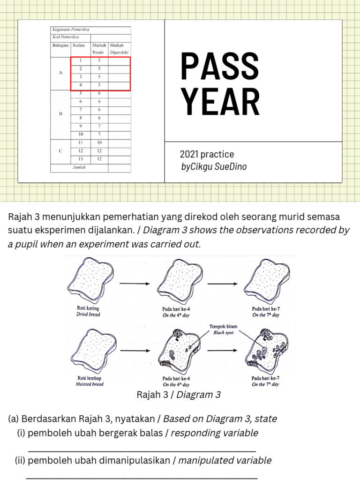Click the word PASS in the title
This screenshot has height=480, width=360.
[220, 67]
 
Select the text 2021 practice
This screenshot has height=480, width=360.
[207, 154]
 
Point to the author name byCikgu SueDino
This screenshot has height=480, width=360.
[214, 166]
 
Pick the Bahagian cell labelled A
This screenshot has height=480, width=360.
[60, 73]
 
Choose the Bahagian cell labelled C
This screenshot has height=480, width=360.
[60, 150]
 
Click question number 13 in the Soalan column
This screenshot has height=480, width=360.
[81, 159]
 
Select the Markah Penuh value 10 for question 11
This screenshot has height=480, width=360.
[99, 142]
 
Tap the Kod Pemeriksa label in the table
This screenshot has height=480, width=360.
[65, 37]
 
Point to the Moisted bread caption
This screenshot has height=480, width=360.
[89, 384]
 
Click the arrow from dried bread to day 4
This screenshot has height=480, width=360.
[135, 284]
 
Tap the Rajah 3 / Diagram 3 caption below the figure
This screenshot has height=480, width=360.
[178, 395]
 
